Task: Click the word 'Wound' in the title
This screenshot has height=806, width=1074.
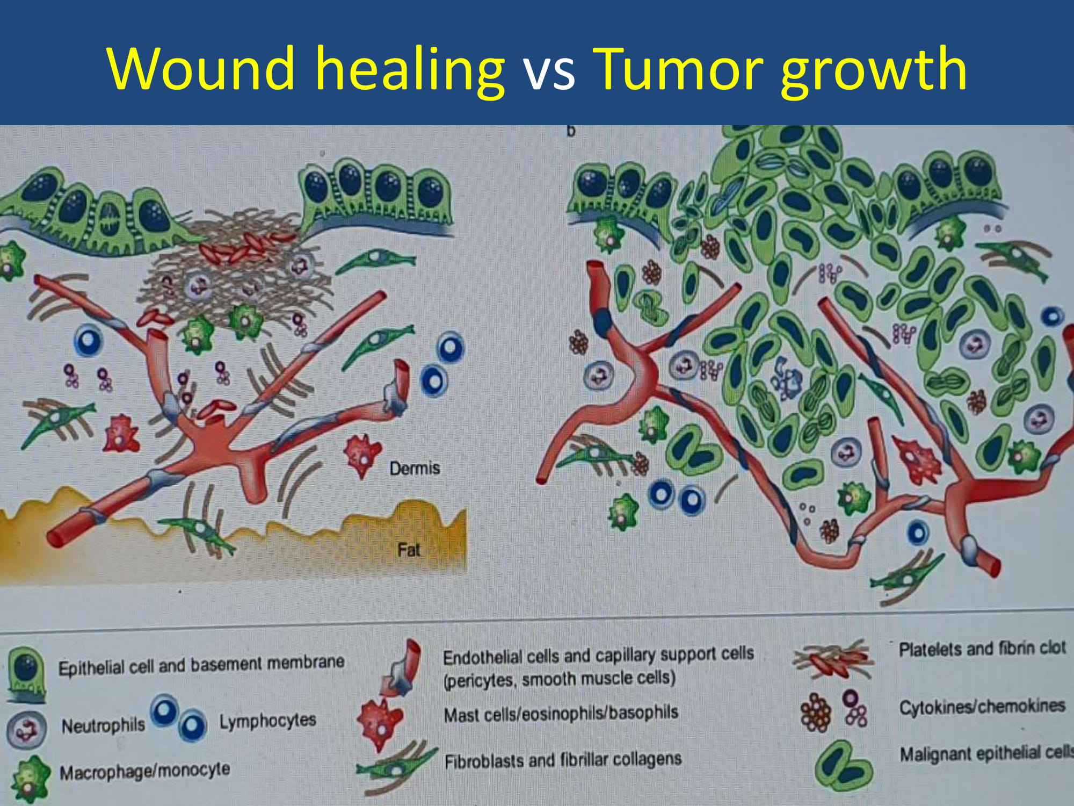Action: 201,68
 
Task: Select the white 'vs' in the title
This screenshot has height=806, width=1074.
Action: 549,74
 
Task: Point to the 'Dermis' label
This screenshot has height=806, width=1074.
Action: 415,469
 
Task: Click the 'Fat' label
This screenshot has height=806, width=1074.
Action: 409,550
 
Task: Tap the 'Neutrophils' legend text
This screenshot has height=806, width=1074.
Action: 103,725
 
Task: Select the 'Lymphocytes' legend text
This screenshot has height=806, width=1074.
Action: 267,721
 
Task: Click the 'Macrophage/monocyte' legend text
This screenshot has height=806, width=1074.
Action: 144,771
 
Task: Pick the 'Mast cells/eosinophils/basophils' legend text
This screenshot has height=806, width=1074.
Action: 561,714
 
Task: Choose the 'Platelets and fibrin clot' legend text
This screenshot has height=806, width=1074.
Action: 982,649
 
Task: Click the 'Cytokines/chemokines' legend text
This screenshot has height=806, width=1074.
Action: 982,706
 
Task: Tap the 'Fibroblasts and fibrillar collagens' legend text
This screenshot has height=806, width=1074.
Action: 563,760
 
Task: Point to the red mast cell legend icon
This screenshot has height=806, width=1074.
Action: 380,723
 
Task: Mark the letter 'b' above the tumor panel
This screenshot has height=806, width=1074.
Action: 571,131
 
